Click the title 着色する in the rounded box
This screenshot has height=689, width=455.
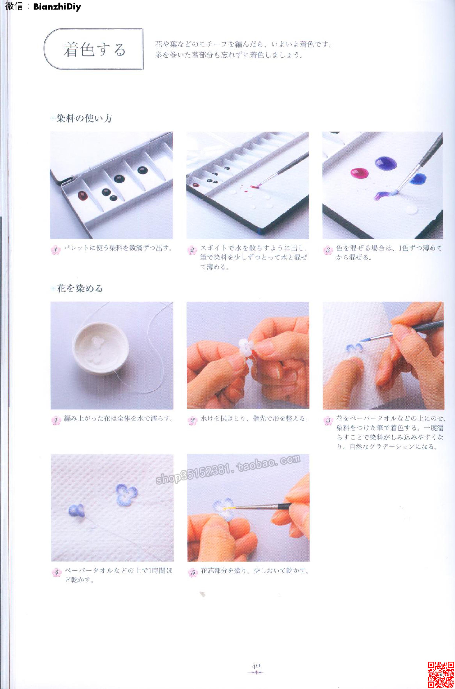[x=95, y=49]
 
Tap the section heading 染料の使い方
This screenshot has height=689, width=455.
[x=84, y=118]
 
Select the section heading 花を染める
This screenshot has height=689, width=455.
[x=80, y=288]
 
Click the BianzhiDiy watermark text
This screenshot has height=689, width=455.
[x=57, y=7]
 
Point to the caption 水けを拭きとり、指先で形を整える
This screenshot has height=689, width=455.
[x=255, y=419]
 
